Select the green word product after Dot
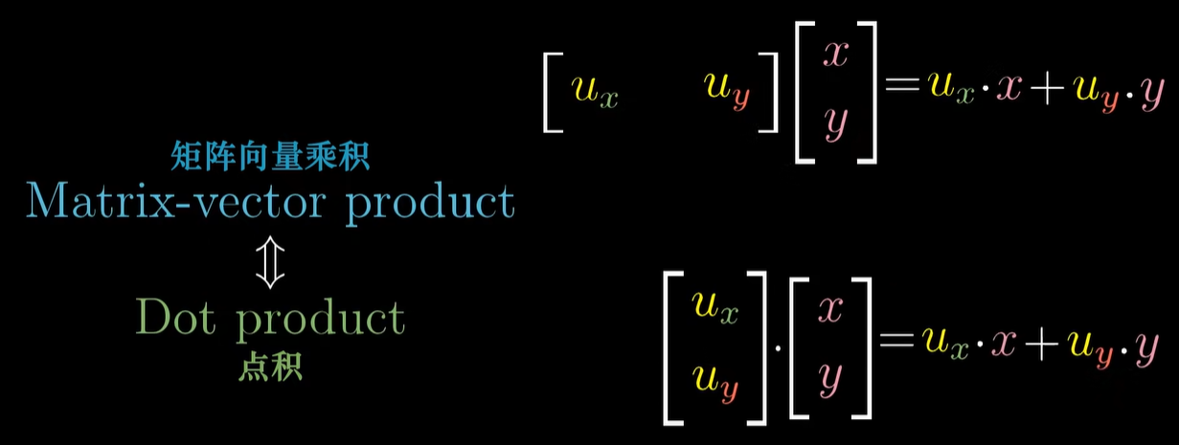pyautogui.click(x=322, y=320)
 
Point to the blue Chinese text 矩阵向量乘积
pyautogui.click(x=271, y=154)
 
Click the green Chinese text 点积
pyautogui.click(x=270, y=367)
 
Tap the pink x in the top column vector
pyautogui.click(x=835, y=54)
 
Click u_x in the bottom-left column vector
pyautogui.click(x=715, y=310)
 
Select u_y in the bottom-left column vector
pyautogui.click(x=715, y=385)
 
